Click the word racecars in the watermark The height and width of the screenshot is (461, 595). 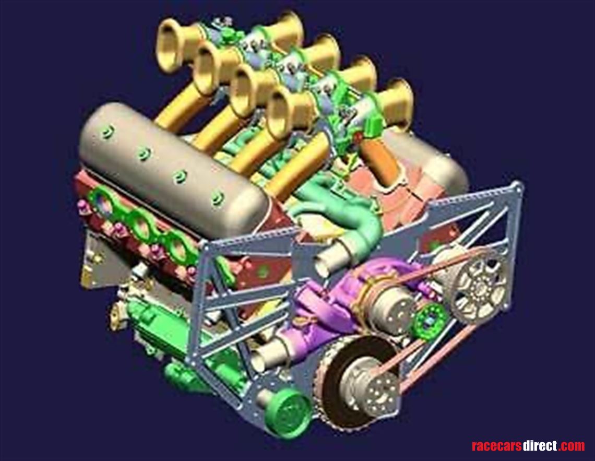click(x=497, y=446)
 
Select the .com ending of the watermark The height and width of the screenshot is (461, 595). click(x=571, y=446)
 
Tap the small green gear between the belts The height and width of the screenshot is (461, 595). click(x=430, y=319)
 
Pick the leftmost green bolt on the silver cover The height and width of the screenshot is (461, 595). click(x=108, y=132)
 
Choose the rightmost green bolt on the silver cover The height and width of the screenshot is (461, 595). click(x=217, y=197)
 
